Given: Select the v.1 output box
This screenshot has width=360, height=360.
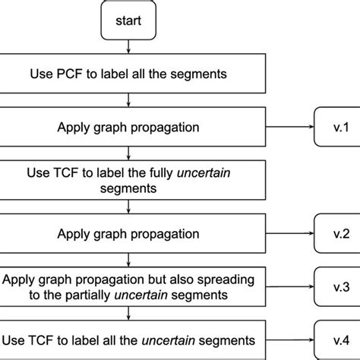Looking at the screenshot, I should (333, 127).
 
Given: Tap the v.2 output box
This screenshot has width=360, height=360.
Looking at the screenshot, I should (333, 232).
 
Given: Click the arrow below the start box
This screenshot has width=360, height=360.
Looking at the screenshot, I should (128, 49).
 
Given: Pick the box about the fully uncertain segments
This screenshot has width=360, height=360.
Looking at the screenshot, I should (133, 179).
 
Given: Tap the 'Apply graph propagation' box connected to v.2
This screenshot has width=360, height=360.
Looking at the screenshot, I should (133, 232).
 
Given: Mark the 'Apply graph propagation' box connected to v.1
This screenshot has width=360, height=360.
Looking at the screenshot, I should (133, 127).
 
